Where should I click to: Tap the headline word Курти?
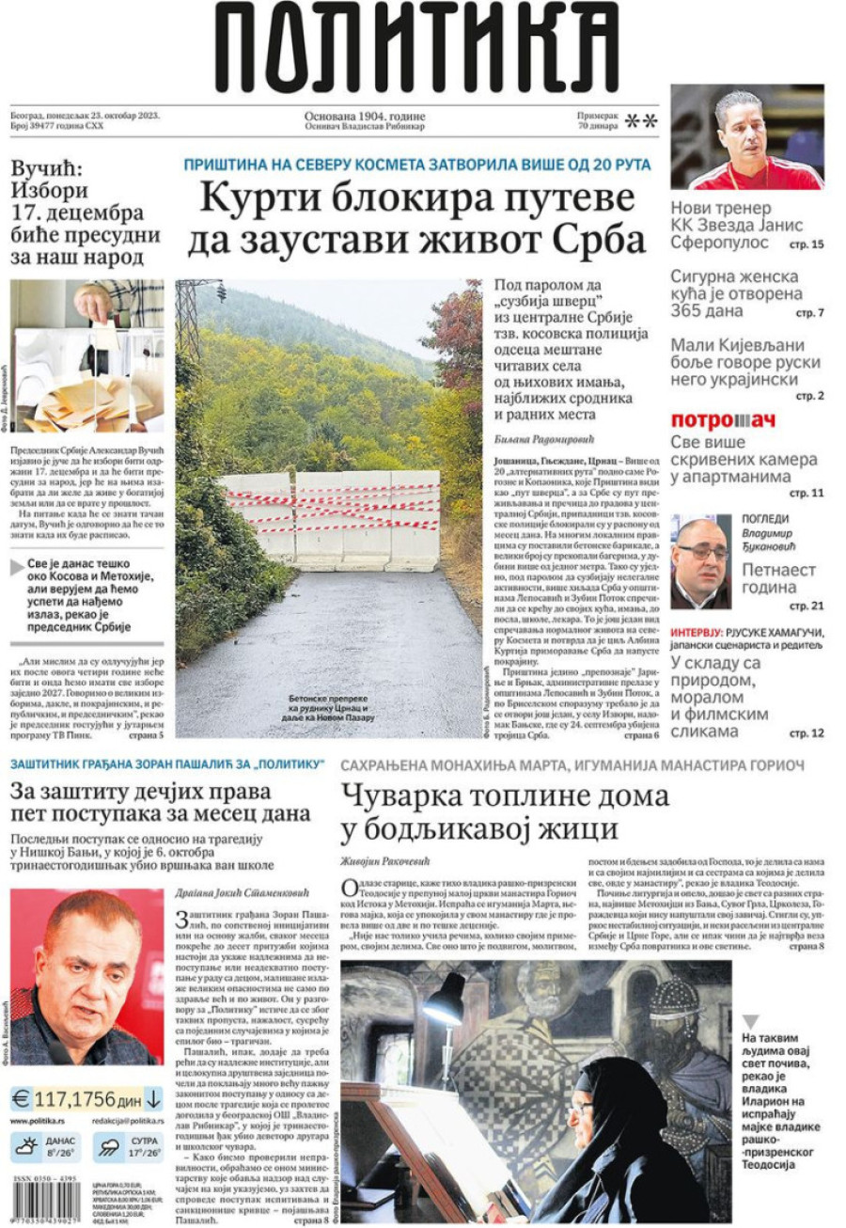pyautogui.click(x=259, y=200)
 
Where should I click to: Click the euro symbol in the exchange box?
pyautogui.click(x=21, y=1098)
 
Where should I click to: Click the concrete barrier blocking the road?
pyautogui.click(x=329, y=520)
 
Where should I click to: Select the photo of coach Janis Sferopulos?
pyautogui.click(x=746, y=137)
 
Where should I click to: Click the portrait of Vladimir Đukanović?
pyautogui.click(x=700, y=561)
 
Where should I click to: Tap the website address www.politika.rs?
pyautogui.click(x=37, y=1121)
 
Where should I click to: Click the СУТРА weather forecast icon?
pyautogui.click(x=110, y=1147)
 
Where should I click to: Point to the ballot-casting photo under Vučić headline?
pyautogui.click(x=86, y=354)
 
